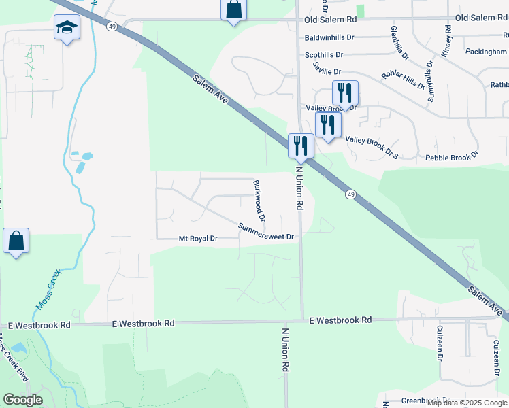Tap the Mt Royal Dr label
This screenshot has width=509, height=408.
(x=197, y=239)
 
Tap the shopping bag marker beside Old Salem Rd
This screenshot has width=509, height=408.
(x=233, y=10)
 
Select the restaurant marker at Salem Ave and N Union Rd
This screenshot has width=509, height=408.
(x=299, y=145)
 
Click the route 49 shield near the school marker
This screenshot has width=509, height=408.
(x=110, y=27)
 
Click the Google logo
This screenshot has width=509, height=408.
(x=22, y=400)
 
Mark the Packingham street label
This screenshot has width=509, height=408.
(x=487, y=51)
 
